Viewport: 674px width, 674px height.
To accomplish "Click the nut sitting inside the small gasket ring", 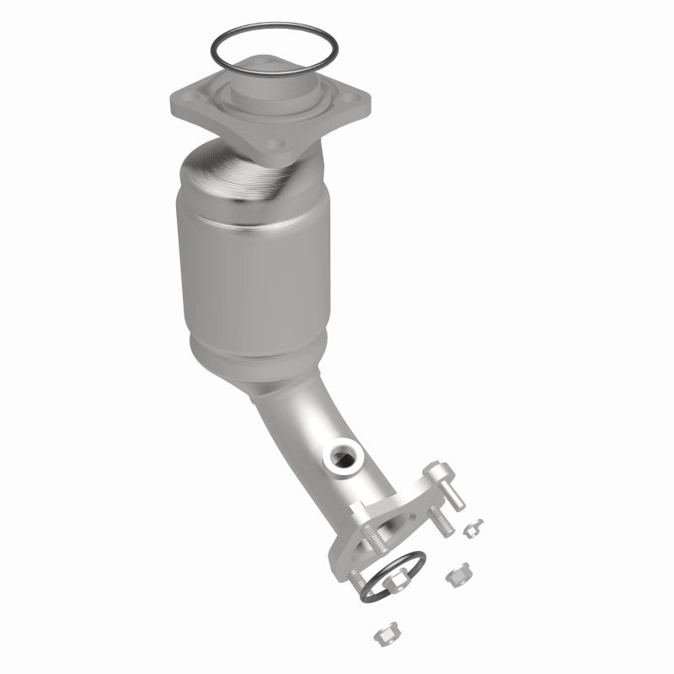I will click(x=396, y=581).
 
